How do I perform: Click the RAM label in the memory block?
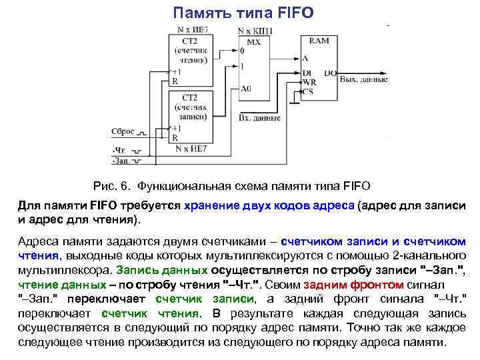point(319,41)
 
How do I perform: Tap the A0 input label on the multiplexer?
point(246,88)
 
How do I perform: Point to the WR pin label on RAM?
point(309,81)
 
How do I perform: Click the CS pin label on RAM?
point(308,91)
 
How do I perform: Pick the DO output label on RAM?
point(329,72)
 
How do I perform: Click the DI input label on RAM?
point(307,72)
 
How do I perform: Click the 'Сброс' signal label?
point(123,131)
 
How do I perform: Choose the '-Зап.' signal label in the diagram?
point(121,161)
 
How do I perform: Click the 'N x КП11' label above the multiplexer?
point(254,31)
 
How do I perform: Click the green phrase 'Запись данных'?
point(161,271)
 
